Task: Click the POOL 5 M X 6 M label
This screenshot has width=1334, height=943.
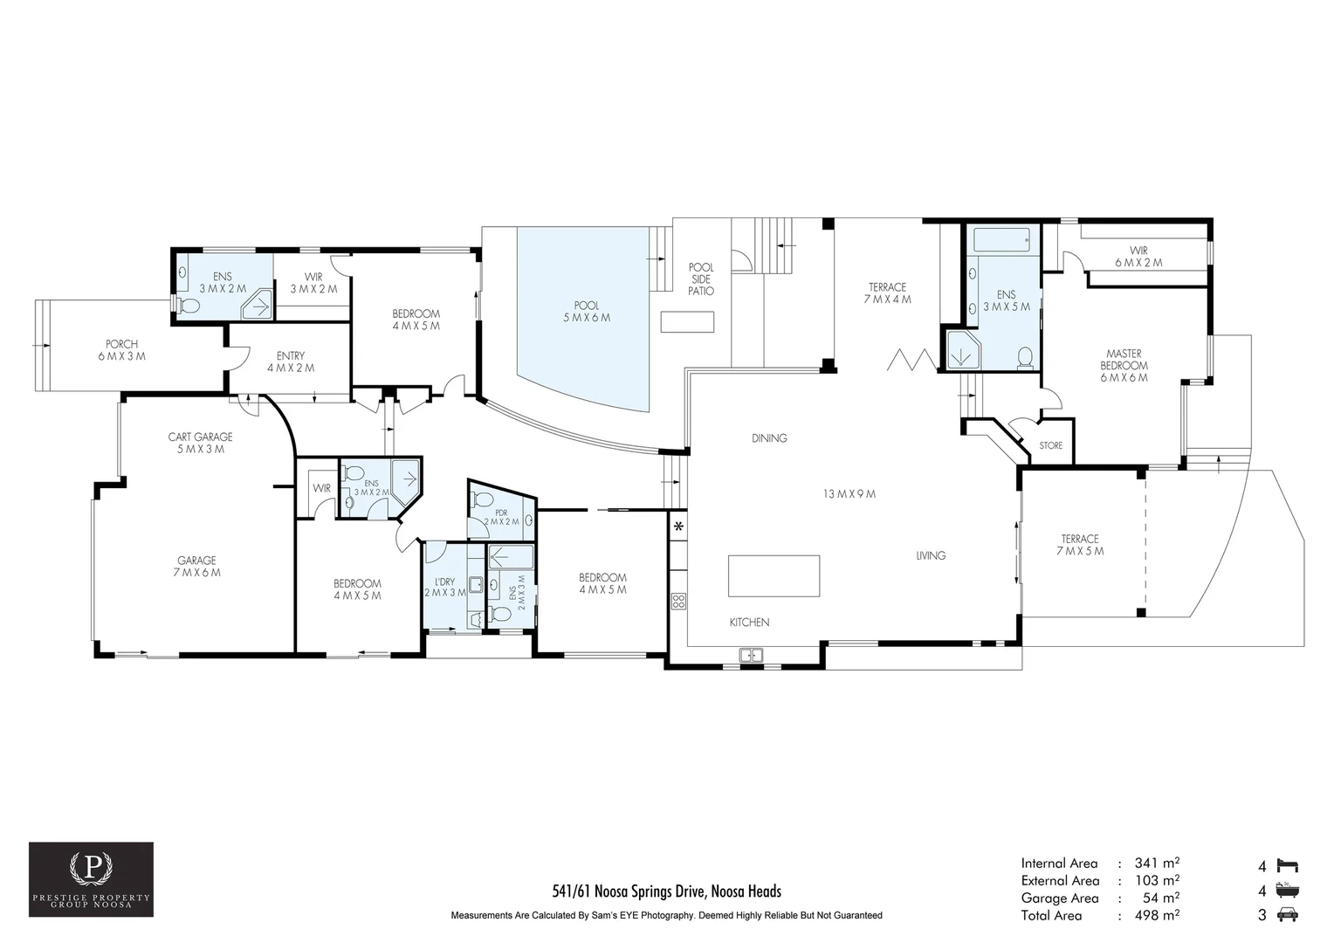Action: click(x=587, y=312)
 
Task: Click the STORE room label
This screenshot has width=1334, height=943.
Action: click(x=1050, y=445)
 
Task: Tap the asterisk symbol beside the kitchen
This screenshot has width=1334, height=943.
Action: click(x=678, y=527)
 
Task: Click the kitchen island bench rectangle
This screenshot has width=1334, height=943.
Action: click(x=774, y=575)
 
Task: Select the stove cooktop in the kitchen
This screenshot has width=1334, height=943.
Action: click(x=679, y=601)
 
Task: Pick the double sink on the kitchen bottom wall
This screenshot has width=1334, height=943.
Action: click(x=751, y=655)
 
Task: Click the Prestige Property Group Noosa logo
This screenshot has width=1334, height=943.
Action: click(x=91, y=879)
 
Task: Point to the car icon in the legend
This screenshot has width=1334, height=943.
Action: click(x=1287, y=914)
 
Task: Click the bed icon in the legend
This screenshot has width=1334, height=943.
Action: click(x=1287, y=865)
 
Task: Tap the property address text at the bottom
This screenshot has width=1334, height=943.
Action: click(x=666, y=891)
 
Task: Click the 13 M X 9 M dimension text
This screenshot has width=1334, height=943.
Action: click(x=849, y=494)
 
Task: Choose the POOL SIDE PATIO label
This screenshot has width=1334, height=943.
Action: click(x=701, y=279)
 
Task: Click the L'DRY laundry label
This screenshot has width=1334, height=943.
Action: click(x=445, y=582)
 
